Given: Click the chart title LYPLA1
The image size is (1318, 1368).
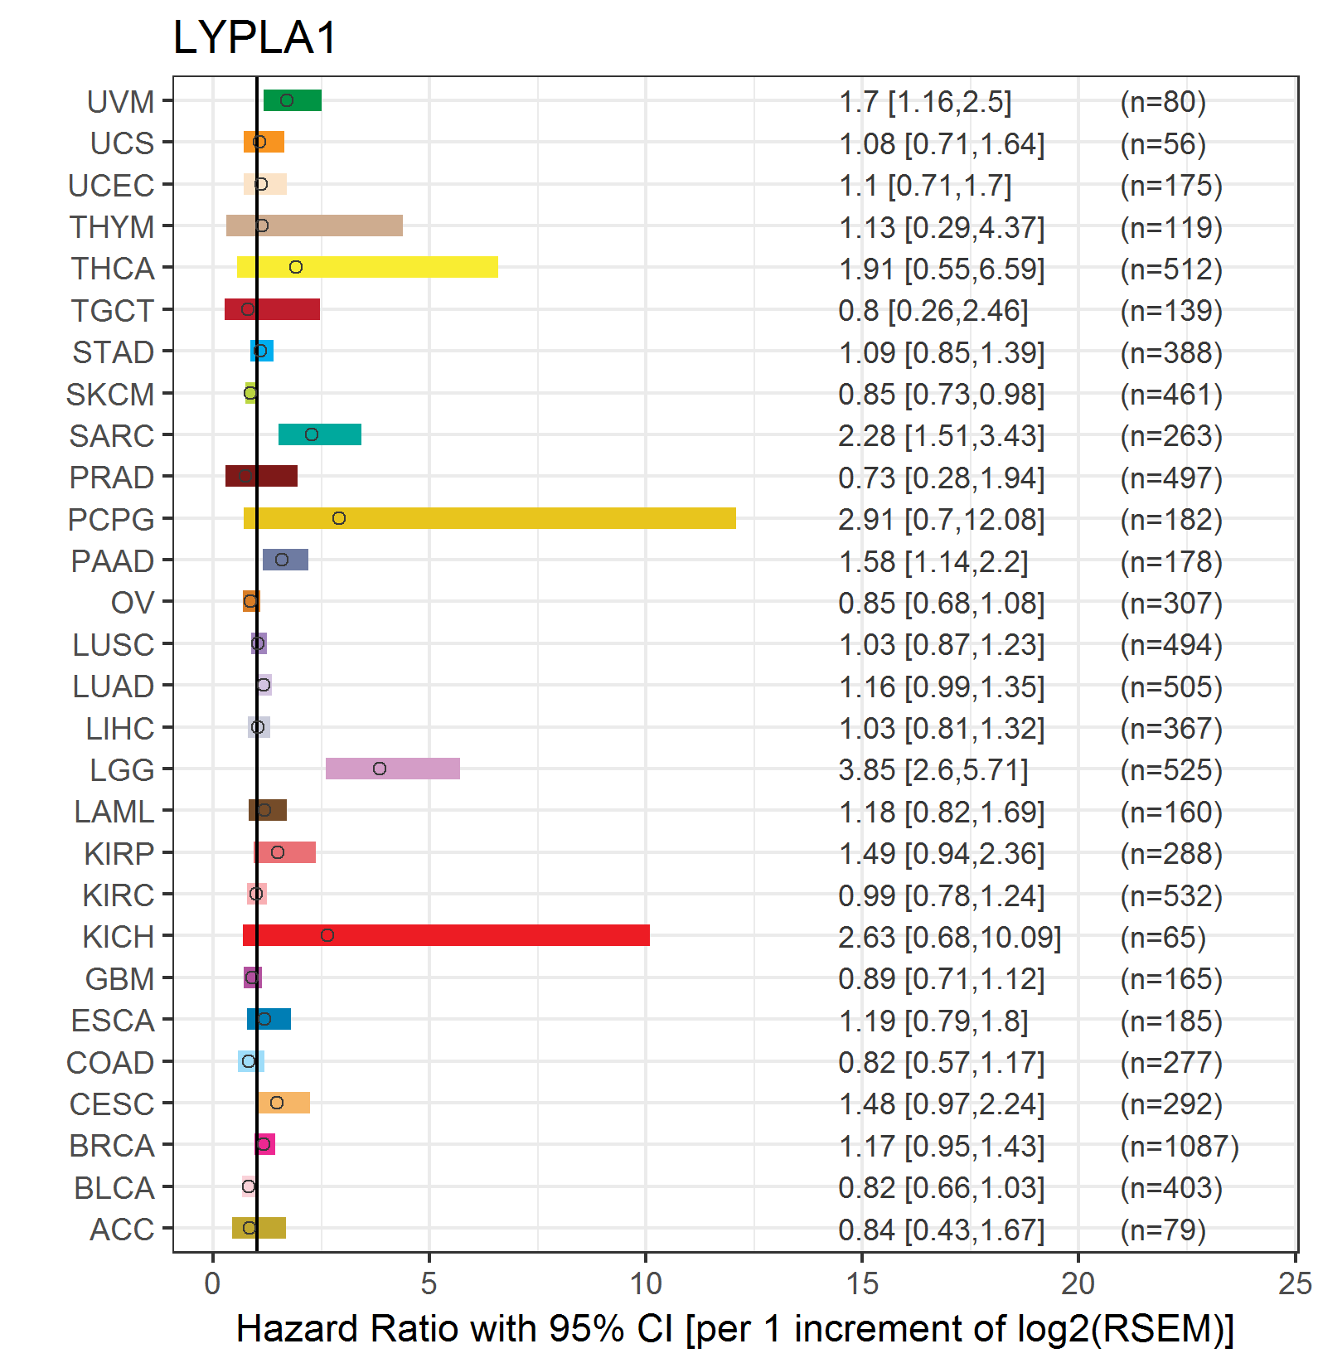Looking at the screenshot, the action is click(x=255, y=38).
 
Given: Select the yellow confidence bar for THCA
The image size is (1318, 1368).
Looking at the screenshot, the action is click(x=367, y=267).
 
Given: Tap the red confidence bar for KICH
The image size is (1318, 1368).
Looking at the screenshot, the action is click(x=446, y=935).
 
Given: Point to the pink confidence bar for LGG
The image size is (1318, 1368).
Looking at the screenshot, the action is click(x=393, y=769).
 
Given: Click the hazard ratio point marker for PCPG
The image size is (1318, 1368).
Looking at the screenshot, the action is click(x=339, y=518).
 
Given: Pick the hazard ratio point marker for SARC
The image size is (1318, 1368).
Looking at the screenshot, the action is click(x=312, y=434).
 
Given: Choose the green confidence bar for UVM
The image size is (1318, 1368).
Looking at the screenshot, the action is click(x=293, y=100).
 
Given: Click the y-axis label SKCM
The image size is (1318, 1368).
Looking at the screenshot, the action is click(x=110, y=395).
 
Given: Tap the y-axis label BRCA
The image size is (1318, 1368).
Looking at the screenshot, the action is click(x=112, y=1146).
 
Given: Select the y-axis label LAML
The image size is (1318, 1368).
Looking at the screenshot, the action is click(x=114, y=812).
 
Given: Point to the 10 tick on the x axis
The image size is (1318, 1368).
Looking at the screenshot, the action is click(x=646, y=1283).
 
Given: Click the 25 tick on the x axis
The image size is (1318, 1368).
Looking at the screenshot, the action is click(x=1295, y=1283).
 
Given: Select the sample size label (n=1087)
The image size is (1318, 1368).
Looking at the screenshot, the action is click(x=1180, y=1146).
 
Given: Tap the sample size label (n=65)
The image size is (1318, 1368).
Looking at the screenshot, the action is click(x=1163, y=937).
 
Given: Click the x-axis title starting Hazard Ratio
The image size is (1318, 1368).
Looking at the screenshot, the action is click(x=735, y=1329).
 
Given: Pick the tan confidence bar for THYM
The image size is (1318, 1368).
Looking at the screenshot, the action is click(x=314, y=226).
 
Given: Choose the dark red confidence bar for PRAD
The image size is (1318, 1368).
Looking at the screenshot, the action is click(x=261, y=476).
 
